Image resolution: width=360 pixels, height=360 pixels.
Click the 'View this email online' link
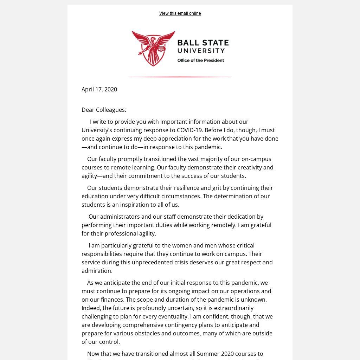click(180, 13)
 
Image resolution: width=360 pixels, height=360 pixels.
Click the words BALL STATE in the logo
click(203, 43)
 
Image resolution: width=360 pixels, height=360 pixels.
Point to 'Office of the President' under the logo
click(200, 60)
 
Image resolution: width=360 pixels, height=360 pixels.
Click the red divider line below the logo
click(179, 77)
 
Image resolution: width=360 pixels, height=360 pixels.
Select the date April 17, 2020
click(99, 89)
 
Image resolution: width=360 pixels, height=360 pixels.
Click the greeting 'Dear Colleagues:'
click(104, 110)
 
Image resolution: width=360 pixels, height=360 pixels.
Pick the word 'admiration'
click(97, 271)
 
